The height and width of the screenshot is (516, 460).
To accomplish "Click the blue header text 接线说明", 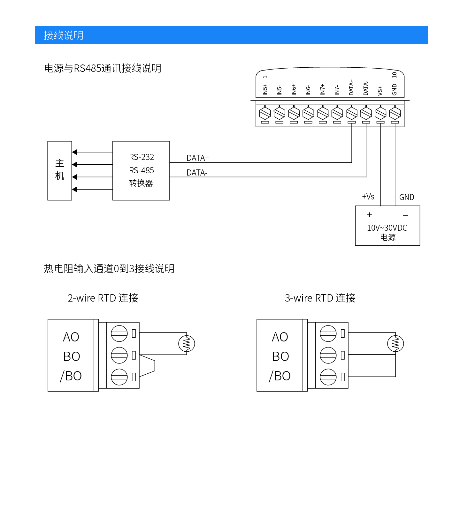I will pos(63,35).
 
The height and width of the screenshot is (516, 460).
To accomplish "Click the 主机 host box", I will pos(60,170).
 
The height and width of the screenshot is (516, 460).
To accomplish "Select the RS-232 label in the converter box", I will pos(142,157).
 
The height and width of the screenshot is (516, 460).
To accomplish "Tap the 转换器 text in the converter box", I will pos(141,183).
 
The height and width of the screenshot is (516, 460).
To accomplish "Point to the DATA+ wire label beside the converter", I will pos(198,158).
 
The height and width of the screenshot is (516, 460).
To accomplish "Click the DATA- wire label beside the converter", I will pos(197,173).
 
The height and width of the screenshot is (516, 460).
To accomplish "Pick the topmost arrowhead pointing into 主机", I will pos(75,152).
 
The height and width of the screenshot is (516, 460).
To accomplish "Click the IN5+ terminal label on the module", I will pos(265,90).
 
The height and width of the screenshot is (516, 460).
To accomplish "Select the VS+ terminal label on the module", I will pos(380,91).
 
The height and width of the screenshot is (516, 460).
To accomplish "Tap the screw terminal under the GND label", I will pos(395,113).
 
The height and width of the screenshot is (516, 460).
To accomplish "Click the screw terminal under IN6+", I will pos(294,113).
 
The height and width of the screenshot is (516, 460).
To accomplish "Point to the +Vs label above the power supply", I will pos(368,197).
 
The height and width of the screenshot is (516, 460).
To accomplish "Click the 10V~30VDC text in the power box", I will pos(387,228).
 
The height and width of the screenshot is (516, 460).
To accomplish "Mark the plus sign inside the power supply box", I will pos(370,215).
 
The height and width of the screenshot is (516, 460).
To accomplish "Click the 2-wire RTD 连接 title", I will pos(103,298).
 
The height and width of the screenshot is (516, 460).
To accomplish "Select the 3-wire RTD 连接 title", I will pos(320,298).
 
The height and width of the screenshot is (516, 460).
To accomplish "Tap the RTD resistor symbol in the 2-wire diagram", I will pos(187,344).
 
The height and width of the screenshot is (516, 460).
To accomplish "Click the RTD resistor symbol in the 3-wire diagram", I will pos(395,344).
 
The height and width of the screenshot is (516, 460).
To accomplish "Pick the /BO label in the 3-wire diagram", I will pos(280,376).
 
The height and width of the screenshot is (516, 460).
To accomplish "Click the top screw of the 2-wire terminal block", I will pos(119,334).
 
